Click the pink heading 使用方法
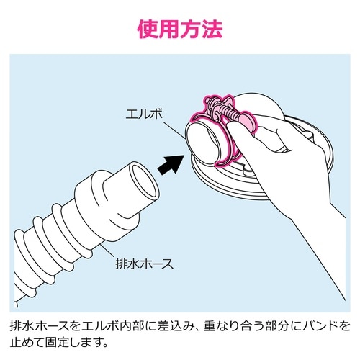180,30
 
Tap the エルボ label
144,114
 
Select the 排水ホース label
145,264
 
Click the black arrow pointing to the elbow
171,164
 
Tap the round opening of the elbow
203,145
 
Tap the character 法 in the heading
212,30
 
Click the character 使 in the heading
148,30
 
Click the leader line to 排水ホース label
109,251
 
